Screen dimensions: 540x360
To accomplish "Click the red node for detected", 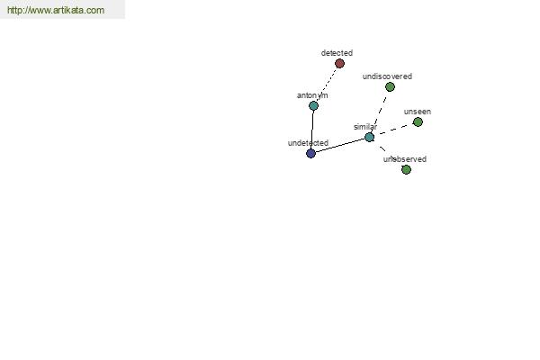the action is pos(339,63).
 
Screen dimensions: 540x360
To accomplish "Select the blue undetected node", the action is pos(310,153).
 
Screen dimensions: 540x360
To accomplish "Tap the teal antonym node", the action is pos(313,106).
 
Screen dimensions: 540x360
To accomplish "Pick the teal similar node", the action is pos(370,138).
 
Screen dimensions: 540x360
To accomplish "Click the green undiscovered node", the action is pos(390,86).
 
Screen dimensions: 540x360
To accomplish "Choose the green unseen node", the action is pos(418,122).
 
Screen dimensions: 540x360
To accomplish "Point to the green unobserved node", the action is pos(407,169).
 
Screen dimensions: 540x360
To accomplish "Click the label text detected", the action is pos(337,53).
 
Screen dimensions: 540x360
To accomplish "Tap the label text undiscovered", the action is pos(387,76).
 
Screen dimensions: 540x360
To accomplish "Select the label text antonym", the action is pos(312,95).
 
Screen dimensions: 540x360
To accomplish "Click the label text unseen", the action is pos(418,112).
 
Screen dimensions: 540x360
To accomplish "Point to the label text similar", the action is pos(365,127).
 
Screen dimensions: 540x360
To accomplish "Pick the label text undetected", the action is pos(308,143).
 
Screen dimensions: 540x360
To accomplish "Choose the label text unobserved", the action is pos(405,159).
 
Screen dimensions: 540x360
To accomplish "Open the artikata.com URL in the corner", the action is pos(56,10).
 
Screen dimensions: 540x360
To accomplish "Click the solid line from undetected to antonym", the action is pos(312,130).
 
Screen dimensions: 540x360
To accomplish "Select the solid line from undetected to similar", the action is pos(340,146).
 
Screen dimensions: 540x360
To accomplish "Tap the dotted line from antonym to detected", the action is pos(327,85).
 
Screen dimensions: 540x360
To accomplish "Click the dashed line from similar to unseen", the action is pos(393,130).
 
